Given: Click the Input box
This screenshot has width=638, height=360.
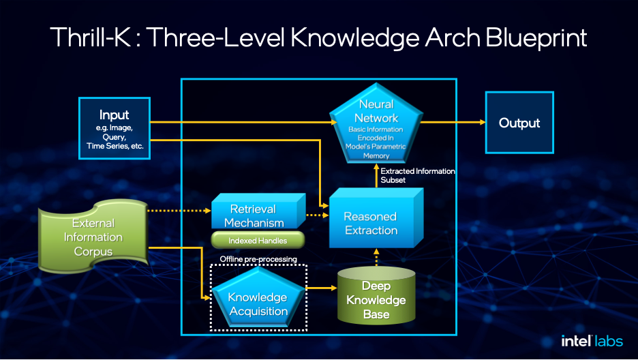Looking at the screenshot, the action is (115, 128).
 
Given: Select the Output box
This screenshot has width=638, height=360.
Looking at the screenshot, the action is (519, 123).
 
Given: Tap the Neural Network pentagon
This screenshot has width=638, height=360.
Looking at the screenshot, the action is (376, 123).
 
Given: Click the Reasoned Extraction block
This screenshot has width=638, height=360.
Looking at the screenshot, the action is (376, 218).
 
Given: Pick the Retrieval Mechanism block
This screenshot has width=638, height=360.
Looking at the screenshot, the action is (258, 211).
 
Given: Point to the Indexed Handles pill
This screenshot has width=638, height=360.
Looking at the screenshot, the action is (258, 240).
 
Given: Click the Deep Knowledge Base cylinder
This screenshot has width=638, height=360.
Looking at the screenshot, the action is (376, 296).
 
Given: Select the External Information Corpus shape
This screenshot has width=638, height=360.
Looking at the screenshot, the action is (93, 236).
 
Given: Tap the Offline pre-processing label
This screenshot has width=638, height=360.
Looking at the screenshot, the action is (258, 259).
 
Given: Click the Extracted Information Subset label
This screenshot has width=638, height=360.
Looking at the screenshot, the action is (417, 175).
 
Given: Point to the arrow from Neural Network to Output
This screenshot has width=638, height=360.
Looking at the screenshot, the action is (453, 122).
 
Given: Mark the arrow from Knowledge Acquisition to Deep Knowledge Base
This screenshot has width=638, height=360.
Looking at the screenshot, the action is (321, 288).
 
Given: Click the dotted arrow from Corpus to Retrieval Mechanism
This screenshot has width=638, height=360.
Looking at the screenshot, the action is (179, 211).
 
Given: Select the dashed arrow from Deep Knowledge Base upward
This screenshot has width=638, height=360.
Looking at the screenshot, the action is (376, 258).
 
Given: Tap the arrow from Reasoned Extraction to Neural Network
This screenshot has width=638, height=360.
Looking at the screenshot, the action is (376, 176).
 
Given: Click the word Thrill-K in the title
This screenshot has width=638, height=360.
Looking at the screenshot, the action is (91, 37).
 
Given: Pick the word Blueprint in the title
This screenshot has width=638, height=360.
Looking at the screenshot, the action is (536, 38).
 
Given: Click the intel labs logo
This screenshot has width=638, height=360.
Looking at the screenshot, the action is (592, 341).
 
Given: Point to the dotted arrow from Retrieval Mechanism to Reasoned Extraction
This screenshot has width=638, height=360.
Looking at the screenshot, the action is (317, 215).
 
